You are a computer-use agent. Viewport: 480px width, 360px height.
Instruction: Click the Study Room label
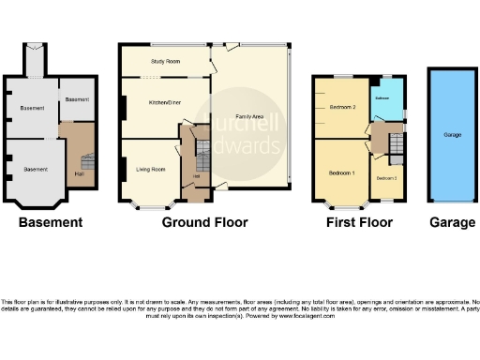(165, 62)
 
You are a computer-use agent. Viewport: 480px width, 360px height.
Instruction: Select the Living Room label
(151, 169)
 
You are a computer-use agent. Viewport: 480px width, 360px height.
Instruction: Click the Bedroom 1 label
(341, 173)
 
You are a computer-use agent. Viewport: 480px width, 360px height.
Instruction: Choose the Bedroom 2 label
(342, 108)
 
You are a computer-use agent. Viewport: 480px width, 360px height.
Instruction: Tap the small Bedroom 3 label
(386, 177)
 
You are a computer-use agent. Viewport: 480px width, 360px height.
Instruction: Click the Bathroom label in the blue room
(382, 97)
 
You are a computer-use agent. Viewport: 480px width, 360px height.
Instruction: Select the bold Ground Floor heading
(204, 223)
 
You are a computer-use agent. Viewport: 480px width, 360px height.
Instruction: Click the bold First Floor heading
(359, 223)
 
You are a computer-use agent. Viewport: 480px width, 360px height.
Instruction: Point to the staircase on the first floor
(395, 145)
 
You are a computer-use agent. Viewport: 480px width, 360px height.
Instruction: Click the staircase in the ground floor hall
(200, 148)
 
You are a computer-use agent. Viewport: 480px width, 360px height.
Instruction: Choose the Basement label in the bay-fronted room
(36, 169)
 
